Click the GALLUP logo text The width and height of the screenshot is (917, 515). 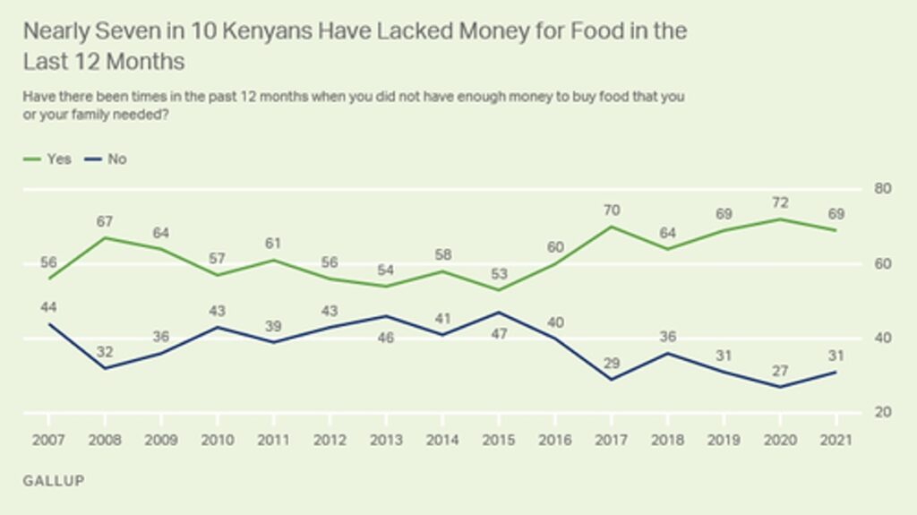tap(54, 481)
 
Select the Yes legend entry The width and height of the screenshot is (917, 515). tap(50, 159)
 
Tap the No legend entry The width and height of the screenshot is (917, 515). tap(107, 159)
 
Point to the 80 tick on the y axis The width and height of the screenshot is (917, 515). tap(882, 189)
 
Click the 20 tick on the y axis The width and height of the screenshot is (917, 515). tap(882, 413)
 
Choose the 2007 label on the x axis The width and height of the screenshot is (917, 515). tap(48, 441)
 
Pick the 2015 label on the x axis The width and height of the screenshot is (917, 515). tap(498, 441)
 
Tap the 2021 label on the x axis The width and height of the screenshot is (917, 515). tap(836, 441)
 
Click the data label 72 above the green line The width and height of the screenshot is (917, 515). tap(779, 202)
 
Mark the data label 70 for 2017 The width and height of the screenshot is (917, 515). tap(611, 210)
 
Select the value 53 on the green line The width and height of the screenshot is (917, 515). tap(498, 273)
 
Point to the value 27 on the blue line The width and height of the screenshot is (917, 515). tap(779, 371)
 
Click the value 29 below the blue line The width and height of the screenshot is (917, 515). tap(611, 363)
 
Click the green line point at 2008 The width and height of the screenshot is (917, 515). tap(105, 237)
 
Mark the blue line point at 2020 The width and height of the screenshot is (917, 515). tap(779, 387)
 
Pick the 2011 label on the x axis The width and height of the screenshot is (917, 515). tap(273, 441)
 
